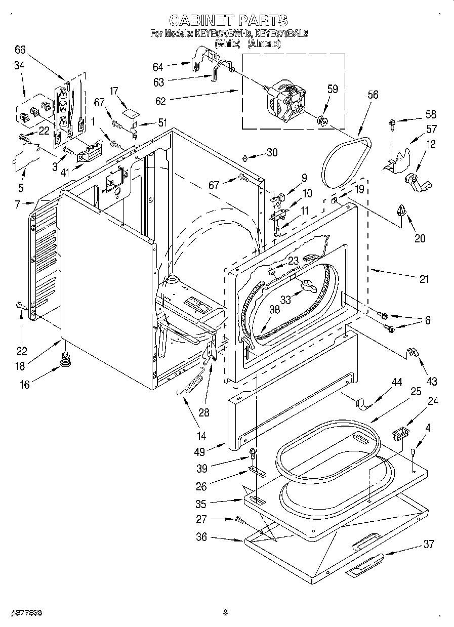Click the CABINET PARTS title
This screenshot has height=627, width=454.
tap(228, 20)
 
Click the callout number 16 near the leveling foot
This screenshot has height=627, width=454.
tap(24, 385)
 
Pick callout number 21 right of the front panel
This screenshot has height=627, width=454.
tap(424, 279)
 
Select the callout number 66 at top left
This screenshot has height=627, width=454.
tap(20, 49)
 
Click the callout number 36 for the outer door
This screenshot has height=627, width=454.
tap(201, 537)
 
